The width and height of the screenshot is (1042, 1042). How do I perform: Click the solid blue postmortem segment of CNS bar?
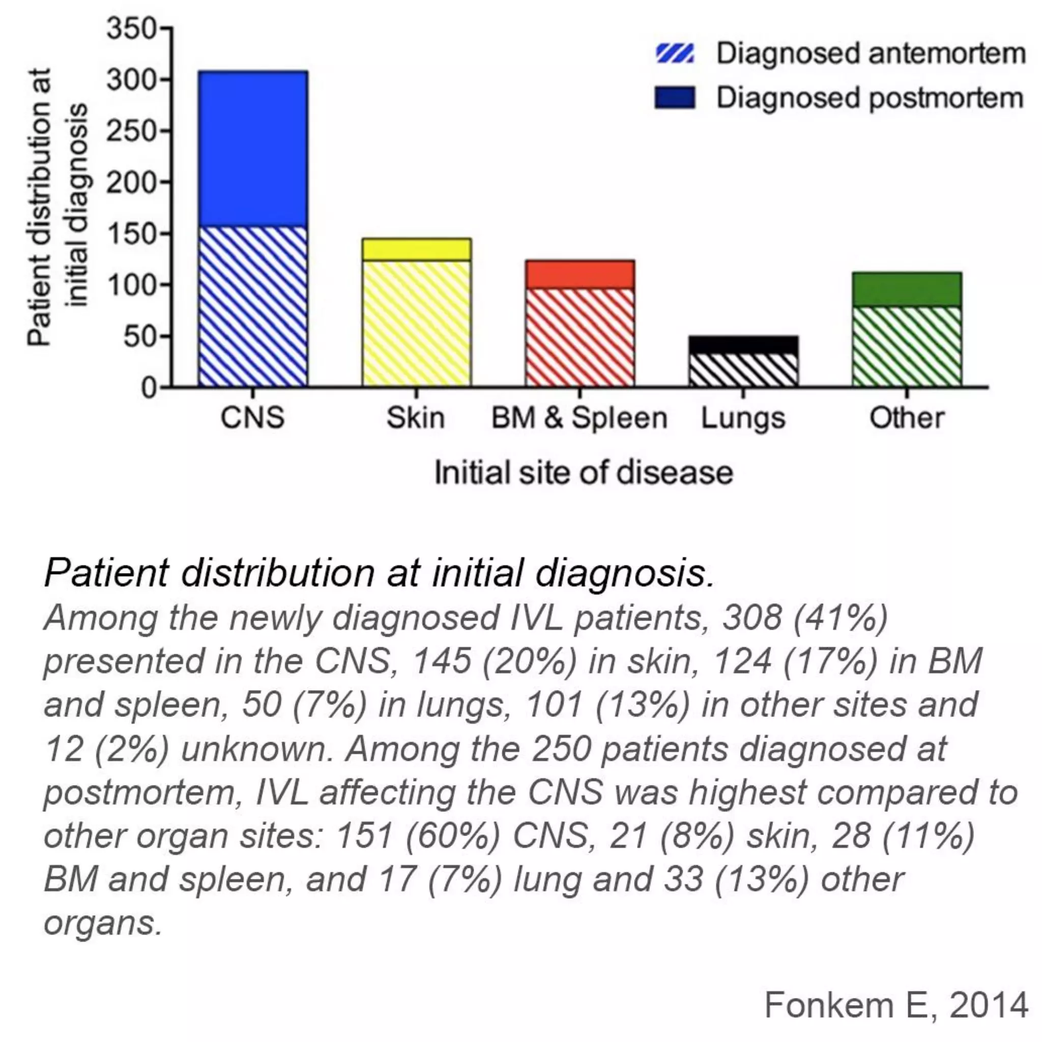(253, 149)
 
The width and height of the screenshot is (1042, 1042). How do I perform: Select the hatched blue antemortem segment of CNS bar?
(253, 306)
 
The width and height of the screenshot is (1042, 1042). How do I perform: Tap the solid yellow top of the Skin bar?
(416, 249)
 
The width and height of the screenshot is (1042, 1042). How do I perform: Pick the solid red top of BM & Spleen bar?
(580, 275)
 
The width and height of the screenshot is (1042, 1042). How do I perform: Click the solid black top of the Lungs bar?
(743, 344)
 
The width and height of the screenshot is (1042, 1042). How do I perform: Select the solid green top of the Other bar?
(907, 289)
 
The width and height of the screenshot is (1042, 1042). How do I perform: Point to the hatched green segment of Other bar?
(907, 346)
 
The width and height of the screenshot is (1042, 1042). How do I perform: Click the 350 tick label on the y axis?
(131, 28)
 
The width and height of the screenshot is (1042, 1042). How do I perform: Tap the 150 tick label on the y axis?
(131, 234)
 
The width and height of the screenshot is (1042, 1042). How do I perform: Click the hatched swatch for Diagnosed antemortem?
(674, 54)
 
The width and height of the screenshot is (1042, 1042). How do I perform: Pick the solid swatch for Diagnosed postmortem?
(674, 98)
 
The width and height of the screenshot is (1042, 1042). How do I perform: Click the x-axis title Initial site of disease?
(584, 473)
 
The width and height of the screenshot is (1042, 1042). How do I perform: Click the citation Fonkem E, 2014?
(896, 1005)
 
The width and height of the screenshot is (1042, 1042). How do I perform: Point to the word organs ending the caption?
(102, 924)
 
